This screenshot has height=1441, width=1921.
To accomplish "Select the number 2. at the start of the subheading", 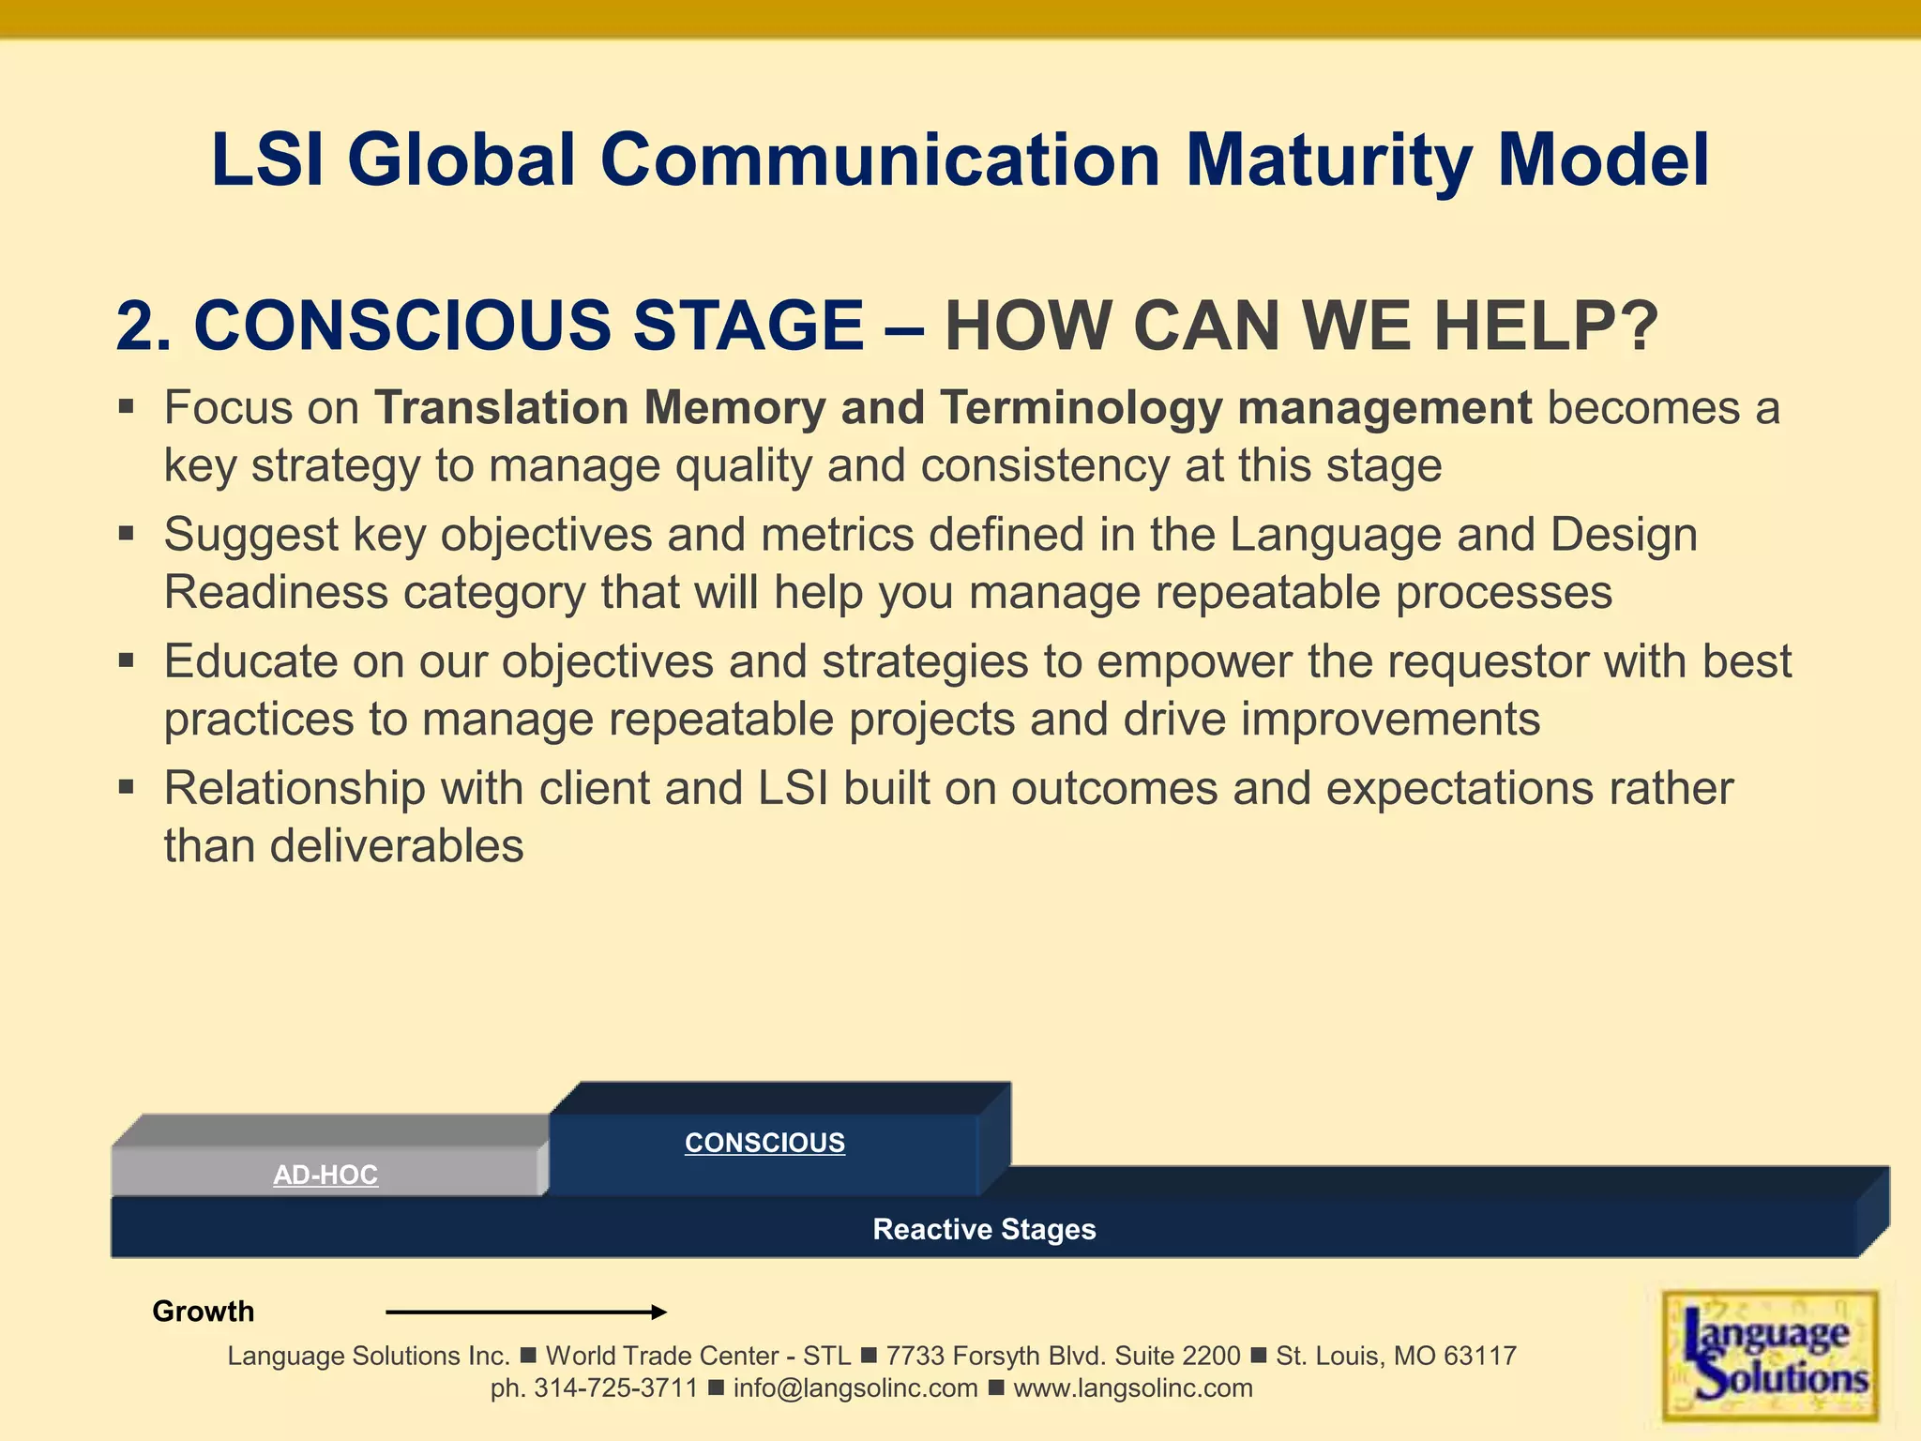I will coord(144,326).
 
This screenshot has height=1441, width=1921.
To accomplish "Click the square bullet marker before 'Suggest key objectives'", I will coord(127,534).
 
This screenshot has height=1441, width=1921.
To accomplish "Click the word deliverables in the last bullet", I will coord(396,846).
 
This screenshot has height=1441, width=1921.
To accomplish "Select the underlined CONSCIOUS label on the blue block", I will coord(764,1143).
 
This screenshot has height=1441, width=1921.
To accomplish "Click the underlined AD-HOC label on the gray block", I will coord(325,1175).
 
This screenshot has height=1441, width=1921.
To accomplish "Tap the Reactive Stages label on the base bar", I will coord(984,1229).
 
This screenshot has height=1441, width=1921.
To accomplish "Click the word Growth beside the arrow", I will coord(203,1312).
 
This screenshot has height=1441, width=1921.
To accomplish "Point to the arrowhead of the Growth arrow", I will coord(660,1312).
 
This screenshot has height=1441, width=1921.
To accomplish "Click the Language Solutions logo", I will coord(1770,1356).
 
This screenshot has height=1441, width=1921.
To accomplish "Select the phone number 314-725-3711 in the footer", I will coord(615,1388).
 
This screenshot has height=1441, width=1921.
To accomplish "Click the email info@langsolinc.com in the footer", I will coord(855,1388).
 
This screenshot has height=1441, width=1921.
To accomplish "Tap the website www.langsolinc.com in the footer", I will coord(1133,1388).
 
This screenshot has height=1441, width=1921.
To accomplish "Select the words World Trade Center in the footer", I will coord(662,1357).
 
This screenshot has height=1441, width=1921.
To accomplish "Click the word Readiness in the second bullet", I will coord(276,593).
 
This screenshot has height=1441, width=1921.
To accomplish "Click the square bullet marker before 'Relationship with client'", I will coord(127,787).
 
